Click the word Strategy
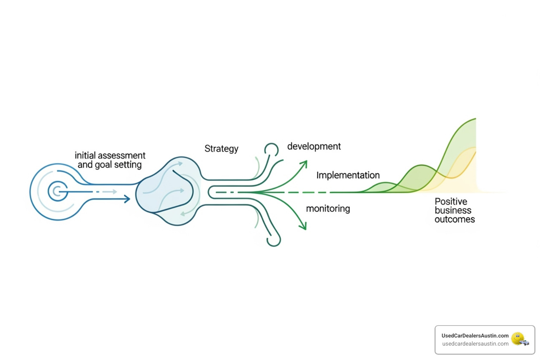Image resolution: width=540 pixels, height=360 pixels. (x=221, y=149)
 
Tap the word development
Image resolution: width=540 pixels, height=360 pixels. (x=314, y=146)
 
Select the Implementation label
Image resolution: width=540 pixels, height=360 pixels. (x=348, y=175)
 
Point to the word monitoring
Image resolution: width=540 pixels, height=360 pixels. (x=328, y=208)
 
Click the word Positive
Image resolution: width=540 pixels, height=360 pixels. (x=451, y=201)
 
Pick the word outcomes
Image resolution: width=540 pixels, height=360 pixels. (x=455, y=219)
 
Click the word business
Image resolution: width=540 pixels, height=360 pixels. (x=453, y=210)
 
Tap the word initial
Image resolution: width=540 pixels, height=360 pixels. (x=85, y=155)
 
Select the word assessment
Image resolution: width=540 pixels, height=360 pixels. (x=121, y=155)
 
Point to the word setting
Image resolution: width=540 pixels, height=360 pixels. (x=128, y=165)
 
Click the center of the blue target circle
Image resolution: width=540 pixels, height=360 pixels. (x=58, y=192)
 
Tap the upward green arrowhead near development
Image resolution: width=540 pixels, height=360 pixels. (x=304, y=163)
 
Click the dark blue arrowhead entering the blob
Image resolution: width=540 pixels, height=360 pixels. (x=127, y=199)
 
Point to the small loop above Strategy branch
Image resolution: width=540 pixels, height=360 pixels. (x=271, y=149)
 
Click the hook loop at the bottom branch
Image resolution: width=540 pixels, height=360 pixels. (x=274, y=241)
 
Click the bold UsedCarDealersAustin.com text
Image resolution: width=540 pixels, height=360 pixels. (x=475, y=336)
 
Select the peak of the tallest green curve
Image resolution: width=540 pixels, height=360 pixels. (x=475, y=119)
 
